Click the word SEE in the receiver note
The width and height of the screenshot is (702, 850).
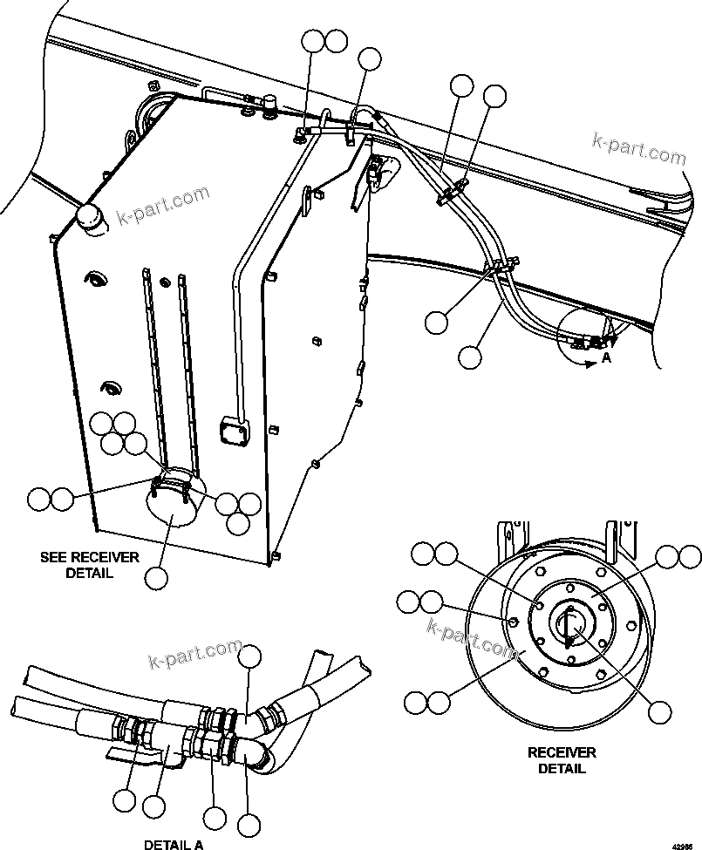(54, 557)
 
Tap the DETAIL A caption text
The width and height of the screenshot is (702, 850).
(174, 843)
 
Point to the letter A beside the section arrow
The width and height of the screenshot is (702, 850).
(607, 357)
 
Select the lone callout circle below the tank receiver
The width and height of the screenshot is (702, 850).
(157, 577)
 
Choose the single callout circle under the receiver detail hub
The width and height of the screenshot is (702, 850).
(660, 711)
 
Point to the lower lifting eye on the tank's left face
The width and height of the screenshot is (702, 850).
(112, 386)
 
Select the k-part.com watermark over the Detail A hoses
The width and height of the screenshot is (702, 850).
(195, 653)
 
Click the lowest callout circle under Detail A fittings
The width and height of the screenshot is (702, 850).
(249, 824)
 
